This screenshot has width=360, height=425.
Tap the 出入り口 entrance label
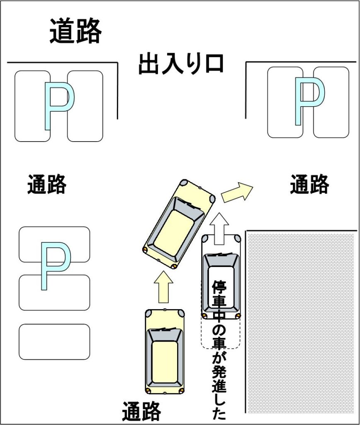(181, 64)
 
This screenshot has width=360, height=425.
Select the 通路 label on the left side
(47, 184)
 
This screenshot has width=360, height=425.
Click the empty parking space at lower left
(54, 342)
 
